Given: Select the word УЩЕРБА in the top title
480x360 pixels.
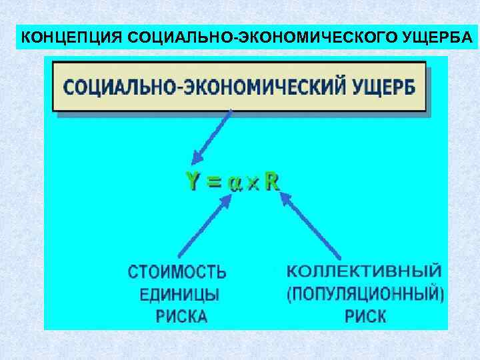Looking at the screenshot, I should click(x=438, y=37).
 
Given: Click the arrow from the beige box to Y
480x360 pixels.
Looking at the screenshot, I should click(x=211, y=137).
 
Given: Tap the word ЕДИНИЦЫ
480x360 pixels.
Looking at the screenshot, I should click(x=179, y=294).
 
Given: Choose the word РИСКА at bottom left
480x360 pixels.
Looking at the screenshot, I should click(x=181, y=315).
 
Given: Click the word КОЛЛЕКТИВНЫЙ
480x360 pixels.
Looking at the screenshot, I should click(x=364, y=271).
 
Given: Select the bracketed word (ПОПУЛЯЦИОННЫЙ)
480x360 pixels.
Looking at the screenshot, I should click(x=365, y=294).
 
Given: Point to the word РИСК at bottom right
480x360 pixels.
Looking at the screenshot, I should click(x=365, y=315).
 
